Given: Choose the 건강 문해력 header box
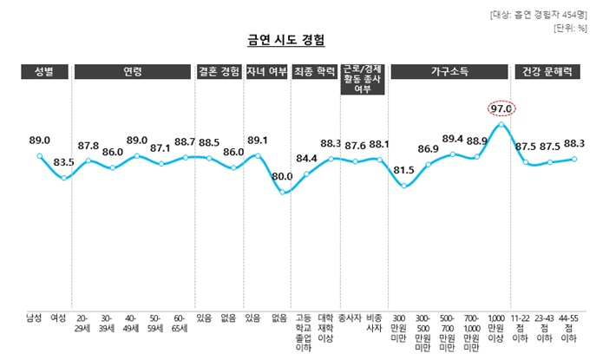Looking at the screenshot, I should point(545,72).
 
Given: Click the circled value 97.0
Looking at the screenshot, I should point(501,108).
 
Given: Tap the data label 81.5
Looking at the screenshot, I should point(403,170).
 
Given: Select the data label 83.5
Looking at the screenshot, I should point(63,162).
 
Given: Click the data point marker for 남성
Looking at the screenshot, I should point(40,156).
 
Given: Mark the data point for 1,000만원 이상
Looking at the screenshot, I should point(501,125).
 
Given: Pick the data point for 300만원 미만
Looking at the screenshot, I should point(404,186).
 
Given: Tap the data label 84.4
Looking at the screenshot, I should point(306,159).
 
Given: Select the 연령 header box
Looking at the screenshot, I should point(133,72).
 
